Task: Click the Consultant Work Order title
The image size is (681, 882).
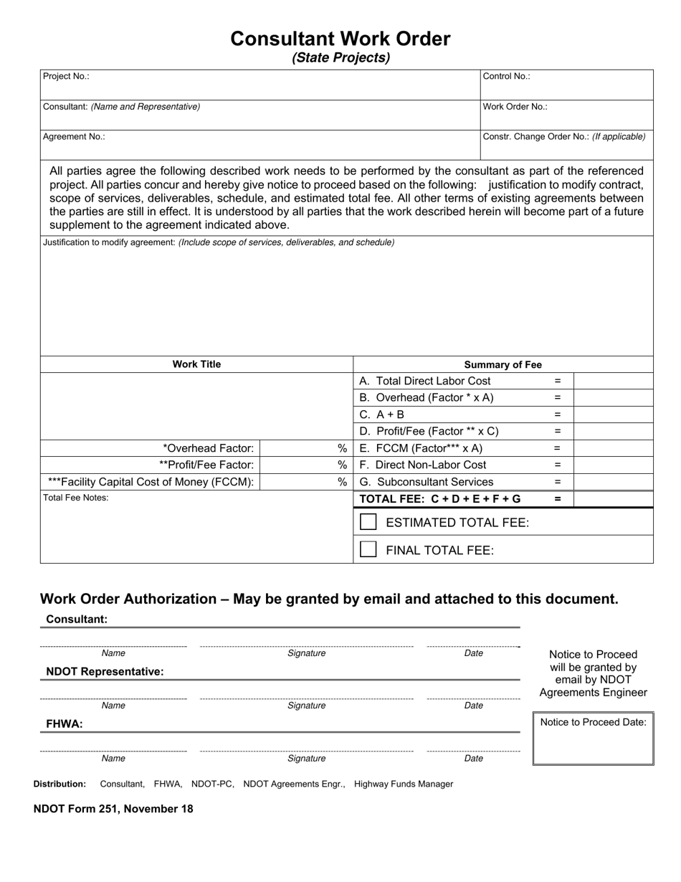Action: (340, 39)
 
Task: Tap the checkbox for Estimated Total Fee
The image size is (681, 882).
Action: (368, 522)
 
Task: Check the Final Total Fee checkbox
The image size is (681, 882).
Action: (368, 549)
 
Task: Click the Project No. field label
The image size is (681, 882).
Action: (66, 76)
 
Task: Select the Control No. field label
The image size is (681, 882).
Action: (506, 76)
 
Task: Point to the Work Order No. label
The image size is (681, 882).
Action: (515, 106)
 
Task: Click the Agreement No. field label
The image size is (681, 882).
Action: (74, 136)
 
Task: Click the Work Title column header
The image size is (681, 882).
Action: (196, 364)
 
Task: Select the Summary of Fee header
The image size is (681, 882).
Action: (503, 364)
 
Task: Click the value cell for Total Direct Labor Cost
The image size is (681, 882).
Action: (613, 381)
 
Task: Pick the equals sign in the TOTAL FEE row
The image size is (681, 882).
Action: (558, 499)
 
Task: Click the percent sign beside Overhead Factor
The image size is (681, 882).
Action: (342, 448)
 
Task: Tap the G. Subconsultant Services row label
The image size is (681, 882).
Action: (426, 482)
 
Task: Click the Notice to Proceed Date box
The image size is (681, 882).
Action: (593, 739)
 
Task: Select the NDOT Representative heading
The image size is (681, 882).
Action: (105, 672)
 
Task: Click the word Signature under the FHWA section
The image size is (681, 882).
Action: (306, 758)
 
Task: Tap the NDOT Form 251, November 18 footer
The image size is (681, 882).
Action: (113, 809)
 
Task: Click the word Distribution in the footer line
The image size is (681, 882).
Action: (59, 784)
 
